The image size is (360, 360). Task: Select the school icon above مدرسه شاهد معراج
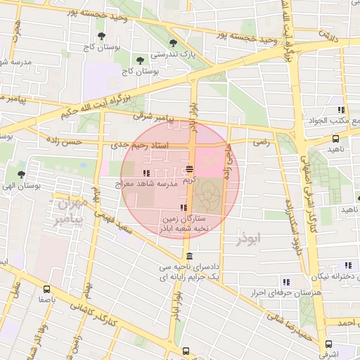pos(146,172)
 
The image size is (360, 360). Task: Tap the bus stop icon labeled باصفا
pos(47,288)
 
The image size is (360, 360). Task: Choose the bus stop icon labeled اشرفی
pos(328,344)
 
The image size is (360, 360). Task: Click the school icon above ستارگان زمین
pos(184,207)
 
